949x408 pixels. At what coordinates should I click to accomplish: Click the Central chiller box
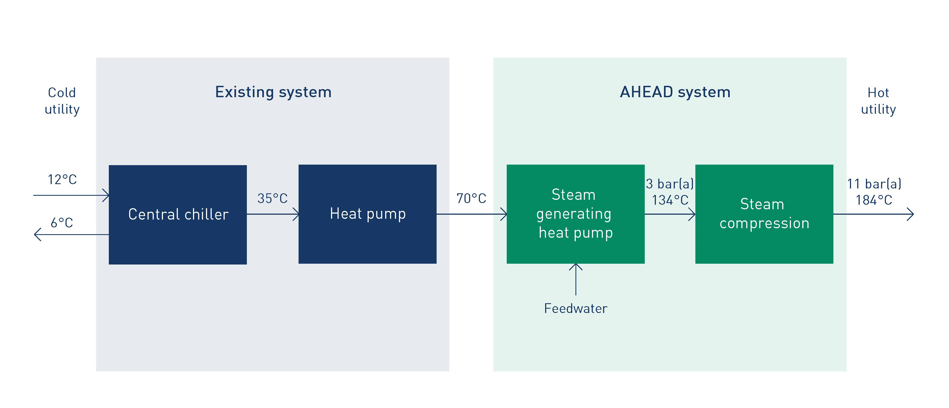point(178,214)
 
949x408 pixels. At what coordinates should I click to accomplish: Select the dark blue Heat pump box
point(367,214)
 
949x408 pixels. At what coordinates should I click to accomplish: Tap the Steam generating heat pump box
point(575,214)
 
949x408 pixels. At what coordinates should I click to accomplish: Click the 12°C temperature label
point(62,180)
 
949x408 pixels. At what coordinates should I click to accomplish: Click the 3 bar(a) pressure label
point(670,184)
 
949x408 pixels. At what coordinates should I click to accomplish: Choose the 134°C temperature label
point(670,200)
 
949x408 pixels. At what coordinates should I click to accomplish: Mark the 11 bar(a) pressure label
point(874,184)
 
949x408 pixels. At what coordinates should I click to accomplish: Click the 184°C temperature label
point(874,200)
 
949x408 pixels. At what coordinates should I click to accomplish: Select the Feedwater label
point(575,308)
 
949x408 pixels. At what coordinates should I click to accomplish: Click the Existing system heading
point(273,92)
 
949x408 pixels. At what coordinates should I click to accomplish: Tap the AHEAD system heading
point(675,92)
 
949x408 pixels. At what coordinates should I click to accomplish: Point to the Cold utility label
point(62,101)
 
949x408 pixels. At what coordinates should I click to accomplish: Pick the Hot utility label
point(878,101)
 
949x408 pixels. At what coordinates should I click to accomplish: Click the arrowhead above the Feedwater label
point(575,266)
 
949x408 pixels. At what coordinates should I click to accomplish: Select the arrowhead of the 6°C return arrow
point(37,234)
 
